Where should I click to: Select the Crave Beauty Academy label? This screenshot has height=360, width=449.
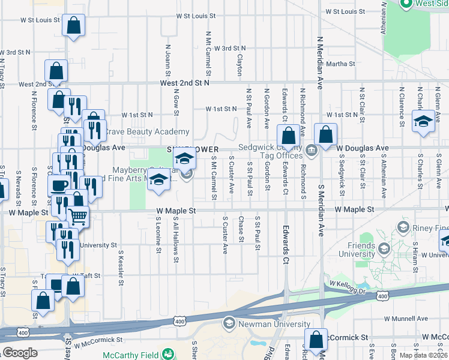pos(147,131)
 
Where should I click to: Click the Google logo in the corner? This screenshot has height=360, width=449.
pos(20,353)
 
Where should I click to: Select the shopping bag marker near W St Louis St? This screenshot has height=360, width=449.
pos(73,26)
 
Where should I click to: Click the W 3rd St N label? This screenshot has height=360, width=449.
pos(226,48)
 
